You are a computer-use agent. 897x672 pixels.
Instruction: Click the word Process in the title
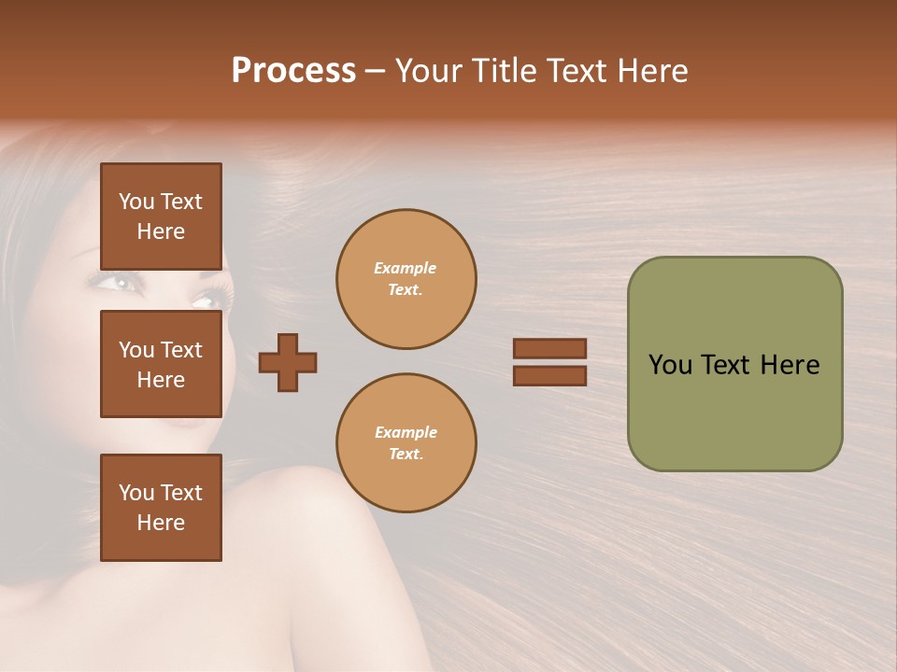[293, 71]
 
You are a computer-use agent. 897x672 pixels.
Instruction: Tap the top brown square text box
[161, 217]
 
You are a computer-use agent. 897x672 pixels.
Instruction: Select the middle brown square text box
[161, 364]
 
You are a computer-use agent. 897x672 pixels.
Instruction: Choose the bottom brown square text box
[161, 508]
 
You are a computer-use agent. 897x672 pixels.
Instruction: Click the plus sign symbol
[288, 362]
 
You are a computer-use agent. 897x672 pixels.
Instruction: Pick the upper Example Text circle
[406, 279]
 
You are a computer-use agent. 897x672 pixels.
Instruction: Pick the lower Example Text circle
[406, 443]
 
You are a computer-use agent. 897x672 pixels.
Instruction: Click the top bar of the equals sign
[549, 349]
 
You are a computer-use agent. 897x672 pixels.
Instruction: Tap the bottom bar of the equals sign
[549, 376]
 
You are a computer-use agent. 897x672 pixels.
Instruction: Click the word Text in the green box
[725, 365]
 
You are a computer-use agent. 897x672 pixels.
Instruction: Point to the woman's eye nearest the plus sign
[207, 301]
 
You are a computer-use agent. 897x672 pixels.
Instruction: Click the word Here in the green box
[790, 365]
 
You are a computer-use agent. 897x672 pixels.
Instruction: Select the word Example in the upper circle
[405, 269]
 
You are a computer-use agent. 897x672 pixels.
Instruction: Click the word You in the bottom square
[135, 493]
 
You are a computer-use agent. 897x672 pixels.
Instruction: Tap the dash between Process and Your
[376, 71]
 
